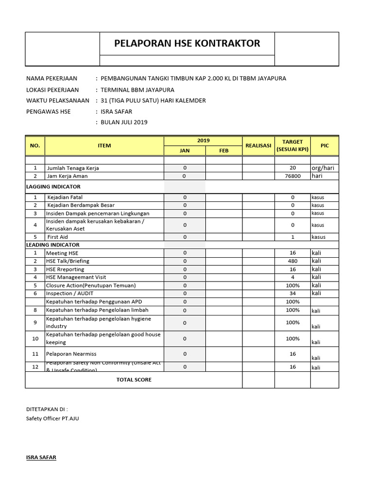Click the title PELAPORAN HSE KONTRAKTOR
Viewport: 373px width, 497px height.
tap(187, 43)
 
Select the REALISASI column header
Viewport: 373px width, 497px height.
tap(258, 145)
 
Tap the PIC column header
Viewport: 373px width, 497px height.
tap(324, 145)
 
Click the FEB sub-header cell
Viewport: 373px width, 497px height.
tap(223, 150)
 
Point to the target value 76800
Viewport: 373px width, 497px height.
tap(292, 176)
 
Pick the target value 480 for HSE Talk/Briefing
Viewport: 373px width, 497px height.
tap(292, 261)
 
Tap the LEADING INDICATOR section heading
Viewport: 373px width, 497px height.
tap(52, 245)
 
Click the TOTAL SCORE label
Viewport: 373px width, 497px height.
tap(134, 380)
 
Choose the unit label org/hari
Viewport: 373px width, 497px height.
tap(323, 168)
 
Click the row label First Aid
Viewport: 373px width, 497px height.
tap(57, 237)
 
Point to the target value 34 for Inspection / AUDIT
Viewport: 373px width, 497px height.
tap(292, 293)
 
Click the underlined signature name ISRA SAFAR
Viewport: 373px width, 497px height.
tap(41, 457)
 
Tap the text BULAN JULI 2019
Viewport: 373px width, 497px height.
tap(124, 122)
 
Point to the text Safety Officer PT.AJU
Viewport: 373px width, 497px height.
tap(52, 418)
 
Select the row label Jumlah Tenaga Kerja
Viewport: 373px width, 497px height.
tap(73, 168)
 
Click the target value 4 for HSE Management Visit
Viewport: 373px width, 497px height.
tap(292, 277)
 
